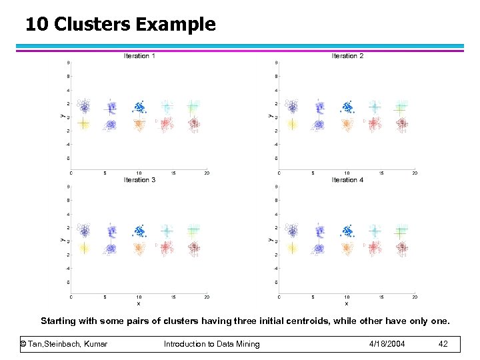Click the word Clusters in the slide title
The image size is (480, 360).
point(94,25)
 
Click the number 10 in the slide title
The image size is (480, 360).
point(37,25)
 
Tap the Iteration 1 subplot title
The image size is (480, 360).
point(139,56)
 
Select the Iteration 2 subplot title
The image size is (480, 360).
point(347,56)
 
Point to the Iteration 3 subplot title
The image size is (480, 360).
point(139,180)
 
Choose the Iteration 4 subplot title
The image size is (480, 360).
point(347,180)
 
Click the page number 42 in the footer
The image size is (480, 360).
point(444,344)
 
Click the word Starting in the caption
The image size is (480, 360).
point(58,321)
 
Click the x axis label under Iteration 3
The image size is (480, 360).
point(139,303)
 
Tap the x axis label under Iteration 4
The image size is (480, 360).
point(347,303)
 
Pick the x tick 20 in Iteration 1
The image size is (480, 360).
point(207,173)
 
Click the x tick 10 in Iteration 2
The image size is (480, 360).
point(347,173)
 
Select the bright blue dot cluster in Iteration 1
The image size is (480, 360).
point(139,107)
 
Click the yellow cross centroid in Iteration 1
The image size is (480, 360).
point(83,123)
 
